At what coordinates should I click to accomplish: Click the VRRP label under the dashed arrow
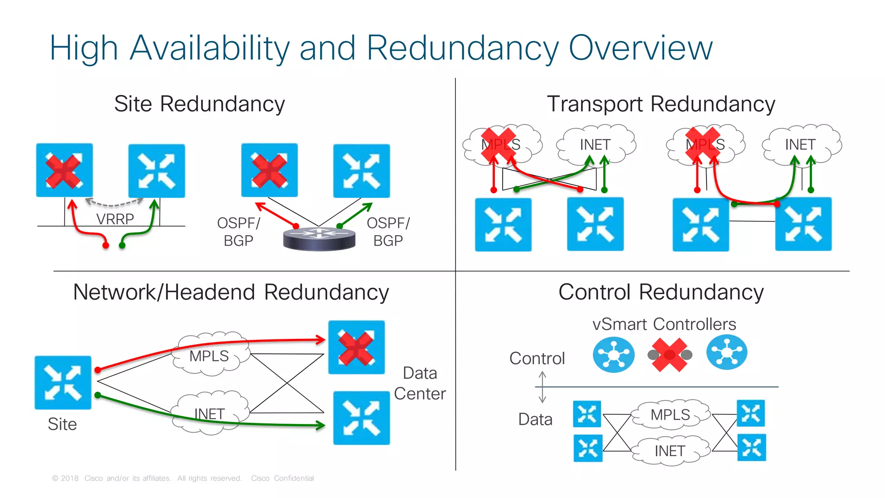[115, 219]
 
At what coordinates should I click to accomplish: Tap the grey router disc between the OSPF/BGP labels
[319, 239]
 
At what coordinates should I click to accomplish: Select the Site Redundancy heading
[199, 104]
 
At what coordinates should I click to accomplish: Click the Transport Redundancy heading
[661, 104]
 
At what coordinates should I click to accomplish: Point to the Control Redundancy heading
[661, 292]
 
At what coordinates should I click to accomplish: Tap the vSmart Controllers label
[664, 324]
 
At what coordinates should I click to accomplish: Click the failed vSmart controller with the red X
[669, 355]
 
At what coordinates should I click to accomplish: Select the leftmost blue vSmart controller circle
[613, 355]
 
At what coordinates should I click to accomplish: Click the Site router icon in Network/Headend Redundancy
[63, 383]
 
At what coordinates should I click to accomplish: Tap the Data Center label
[420, 383]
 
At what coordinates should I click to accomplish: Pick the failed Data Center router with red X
[356, 347]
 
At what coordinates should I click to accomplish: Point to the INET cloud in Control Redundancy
[670, 451]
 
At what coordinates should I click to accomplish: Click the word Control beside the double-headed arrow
[537, 358]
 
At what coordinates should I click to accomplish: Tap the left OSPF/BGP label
[239, 232]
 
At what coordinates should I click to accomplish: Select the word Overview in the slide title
[640, 48]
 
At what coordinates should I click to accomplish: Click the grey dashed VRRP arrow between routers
[114, 203]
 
